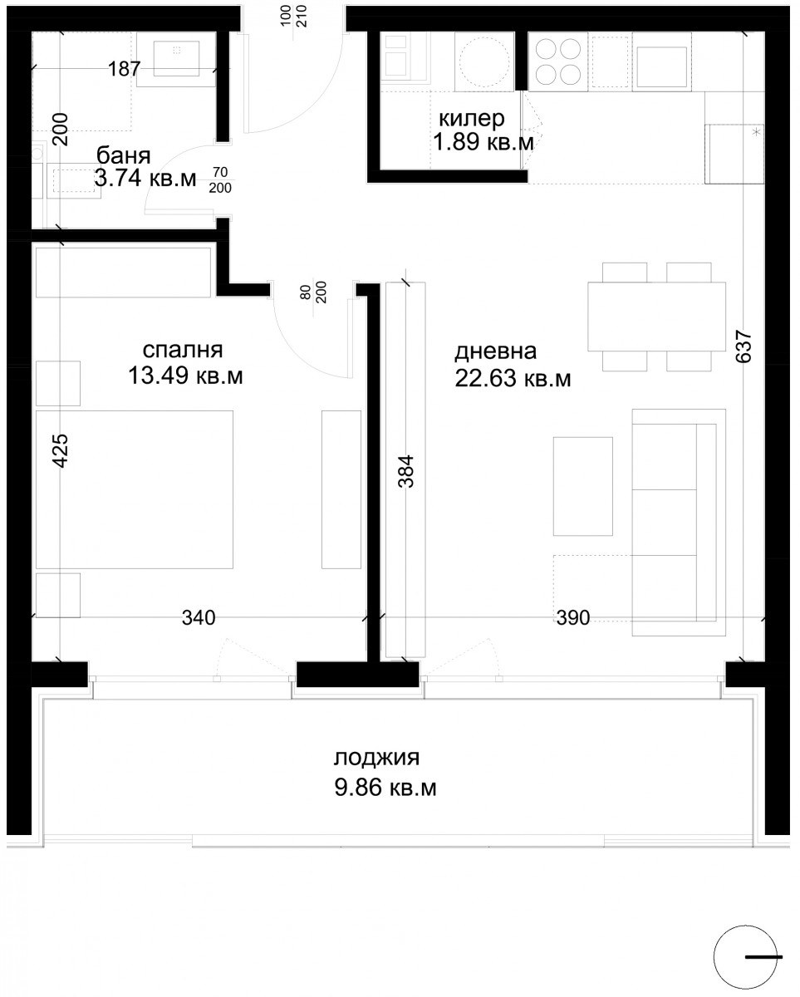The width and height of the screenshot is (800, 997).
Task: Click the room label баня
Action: (123, 156)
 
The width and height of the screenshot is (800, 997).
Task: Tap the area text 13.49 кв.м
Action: (185, 376)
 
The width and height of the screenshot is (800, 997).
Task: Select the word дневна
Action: (495, 351)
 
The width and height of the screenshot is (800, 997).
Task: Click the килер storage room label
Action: (472, 119)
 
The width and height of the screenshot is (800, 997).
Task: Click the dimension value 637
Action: (744, 346)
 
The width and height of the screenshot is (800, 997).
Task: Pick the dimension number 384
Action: (405, 472)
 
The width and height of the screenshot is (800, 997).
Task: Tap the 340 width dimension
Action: (199, 617)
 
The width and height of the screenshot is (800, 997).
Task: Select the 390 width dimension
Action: (573, 617)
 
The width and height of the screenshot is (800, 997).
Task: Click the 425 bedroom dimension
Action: (60, 450)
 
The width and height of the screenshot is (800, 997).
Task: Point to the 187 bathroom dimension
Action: (124, 69)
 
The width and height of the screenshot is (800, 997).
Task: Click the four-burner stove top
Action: (557, 61)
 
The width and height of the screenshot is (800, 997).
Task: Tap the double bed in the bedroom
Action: (135, 489)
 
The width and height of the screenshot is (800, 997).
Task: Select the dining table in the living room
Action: (656, 317)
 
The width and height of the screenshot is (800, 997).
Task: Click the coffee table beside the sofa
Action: (582, 486)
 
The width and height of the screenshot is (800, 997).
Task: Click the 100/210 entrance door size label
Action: (294, 16)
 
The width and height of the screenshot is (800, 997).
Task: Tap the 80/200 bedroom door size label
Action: (313, 292)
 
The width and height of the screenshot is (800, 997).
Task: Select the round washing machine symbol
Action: (484, 61)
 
